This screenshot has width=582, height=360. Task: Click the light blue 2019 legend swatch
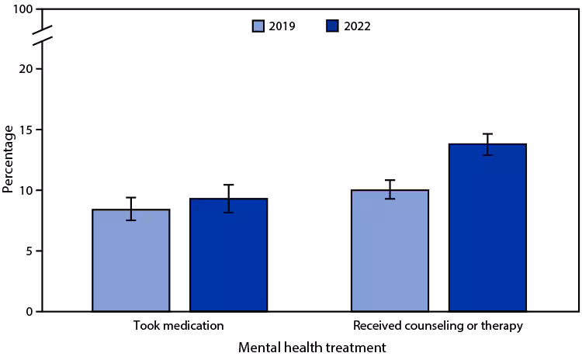[x=259, y=26]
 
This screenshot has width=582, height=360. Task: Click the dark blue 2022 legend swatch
[x=332, y=26]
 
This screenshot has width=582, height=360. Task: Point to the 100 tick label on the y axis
[x=23, y=9]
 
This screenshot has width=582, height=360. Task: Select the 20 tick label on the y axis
[x=26, y=69]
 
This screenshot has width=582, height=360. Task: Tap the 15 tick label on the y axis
[x=26, y=130]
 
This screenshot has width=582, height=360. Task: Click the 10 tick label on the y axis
[x=26, y=190]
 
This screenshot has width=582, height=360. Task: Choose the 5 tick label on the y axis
[x=29, y=251]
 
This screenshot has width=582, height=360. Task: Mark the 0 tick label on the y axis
[x=29, y=311]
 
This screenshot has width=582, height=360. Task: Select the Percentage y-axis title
[x=9, y=160]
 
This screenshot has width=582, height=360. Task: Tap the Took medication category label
[x=179, y=326]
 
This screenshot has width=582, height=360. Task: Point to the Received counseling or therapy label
[x=438, y=326]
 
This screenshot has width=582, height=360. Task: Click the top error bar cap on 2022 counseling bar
[x=487, y=134]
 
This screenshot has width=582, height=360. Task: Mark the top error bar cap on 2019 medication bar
[x=131, y=198]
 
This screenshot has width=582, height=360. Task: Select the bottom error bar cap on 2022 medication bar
[x=228, y=212]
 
